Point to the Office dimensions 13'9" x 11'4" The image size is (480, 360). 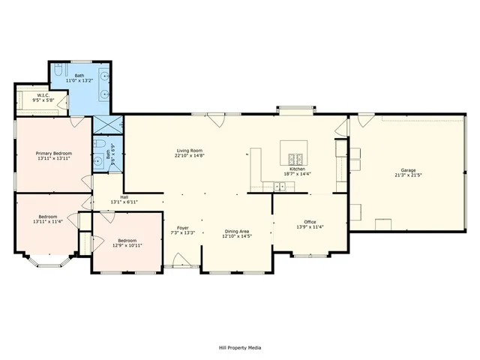point(310,226)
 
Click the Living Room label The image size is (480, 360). point(190,151)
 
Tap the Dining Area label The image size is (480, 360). point(236,231)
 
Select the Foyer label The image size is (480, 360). point(182,227)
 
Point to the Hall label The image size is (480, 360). point(124,197)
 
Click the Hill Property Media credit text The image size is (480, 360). point(240,347)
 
